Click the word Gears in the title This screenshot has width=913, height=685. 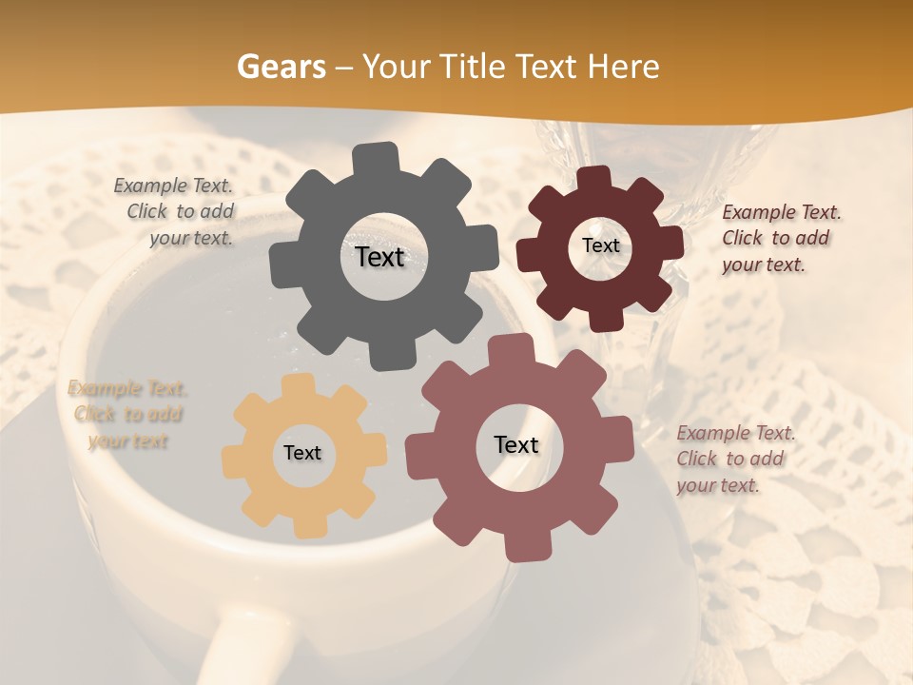281,67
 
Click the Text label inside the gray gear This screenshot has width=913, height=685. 379,257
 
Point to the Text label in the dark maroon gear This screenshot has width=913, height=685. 600,245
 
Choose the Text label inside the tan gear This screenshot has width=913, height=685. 302,453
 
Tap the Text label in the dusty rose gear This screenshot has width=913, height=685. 516,444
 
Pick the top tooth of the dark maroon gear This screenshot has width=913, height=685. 595,178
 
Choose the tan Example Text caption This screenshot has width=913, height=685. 126,414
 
